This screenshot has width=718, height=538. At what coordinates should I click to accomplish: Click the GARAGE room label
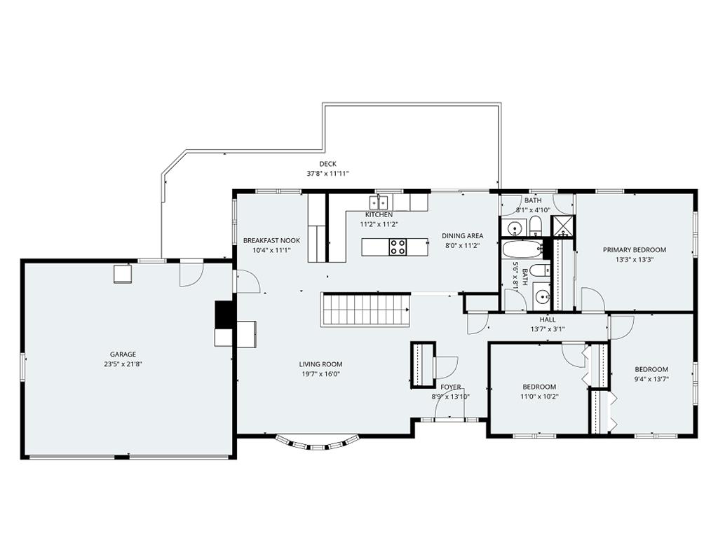(123, 354)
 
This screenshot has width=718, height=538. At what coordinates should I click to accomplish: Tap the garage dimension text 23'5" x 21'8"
(123, 364)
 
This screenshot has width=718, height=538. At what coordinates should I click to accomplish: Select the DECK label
(328, 164)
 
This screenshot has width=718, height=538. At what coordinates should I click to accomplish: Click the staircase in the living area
(365, 309)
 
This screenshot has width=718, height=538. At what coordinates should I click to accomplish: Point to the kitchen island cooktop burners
(398, 247)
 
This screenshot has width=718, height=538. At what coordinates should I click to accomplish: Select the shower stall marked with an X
(562, 226)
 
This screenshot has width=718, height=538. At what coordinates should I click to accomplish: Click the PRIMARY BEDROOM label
(634, 250)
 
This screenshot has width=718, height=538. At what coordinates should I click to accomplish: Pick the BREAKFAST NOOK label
(271, 240)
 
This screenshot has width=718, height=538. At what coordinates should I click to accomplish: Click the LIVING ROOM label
(320, 364)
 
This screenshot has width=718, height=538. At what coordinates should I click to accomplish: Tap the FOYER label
(451, 387)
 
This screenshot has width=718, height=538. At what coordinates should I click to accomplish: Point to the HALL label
(548, 319)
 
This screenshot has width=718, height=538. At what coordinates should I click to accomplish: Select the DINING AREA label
(463, 235)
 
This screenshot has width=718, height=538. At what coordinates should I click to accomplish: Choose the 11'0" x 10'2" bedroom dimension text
(539, 396)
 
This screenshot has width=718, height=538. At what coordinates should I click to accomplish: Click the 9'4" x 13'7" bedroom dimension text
(651, 379)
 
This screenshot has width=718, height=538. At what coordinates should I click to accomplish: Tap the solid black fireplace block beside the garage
(224, 315)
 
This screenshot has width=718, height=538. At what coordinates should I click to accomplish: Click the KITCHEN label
(379, 214)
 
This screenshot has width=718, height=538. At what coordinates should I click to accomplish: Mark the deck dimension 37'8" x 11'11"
(328, 174)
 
